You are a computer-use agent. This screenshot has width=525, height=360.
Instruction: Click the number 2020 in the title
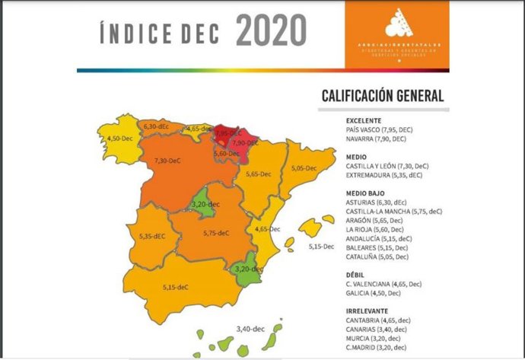(271, 32)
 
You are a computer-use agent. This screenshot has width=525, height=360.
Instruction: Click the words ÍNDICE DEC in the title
(161, 34)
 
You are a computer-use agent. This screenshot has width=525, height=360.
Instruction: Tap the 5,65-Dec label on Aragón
(259, 174)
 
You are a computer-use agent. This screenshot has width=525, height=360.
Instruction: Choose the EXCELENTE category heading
(364, 120)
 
